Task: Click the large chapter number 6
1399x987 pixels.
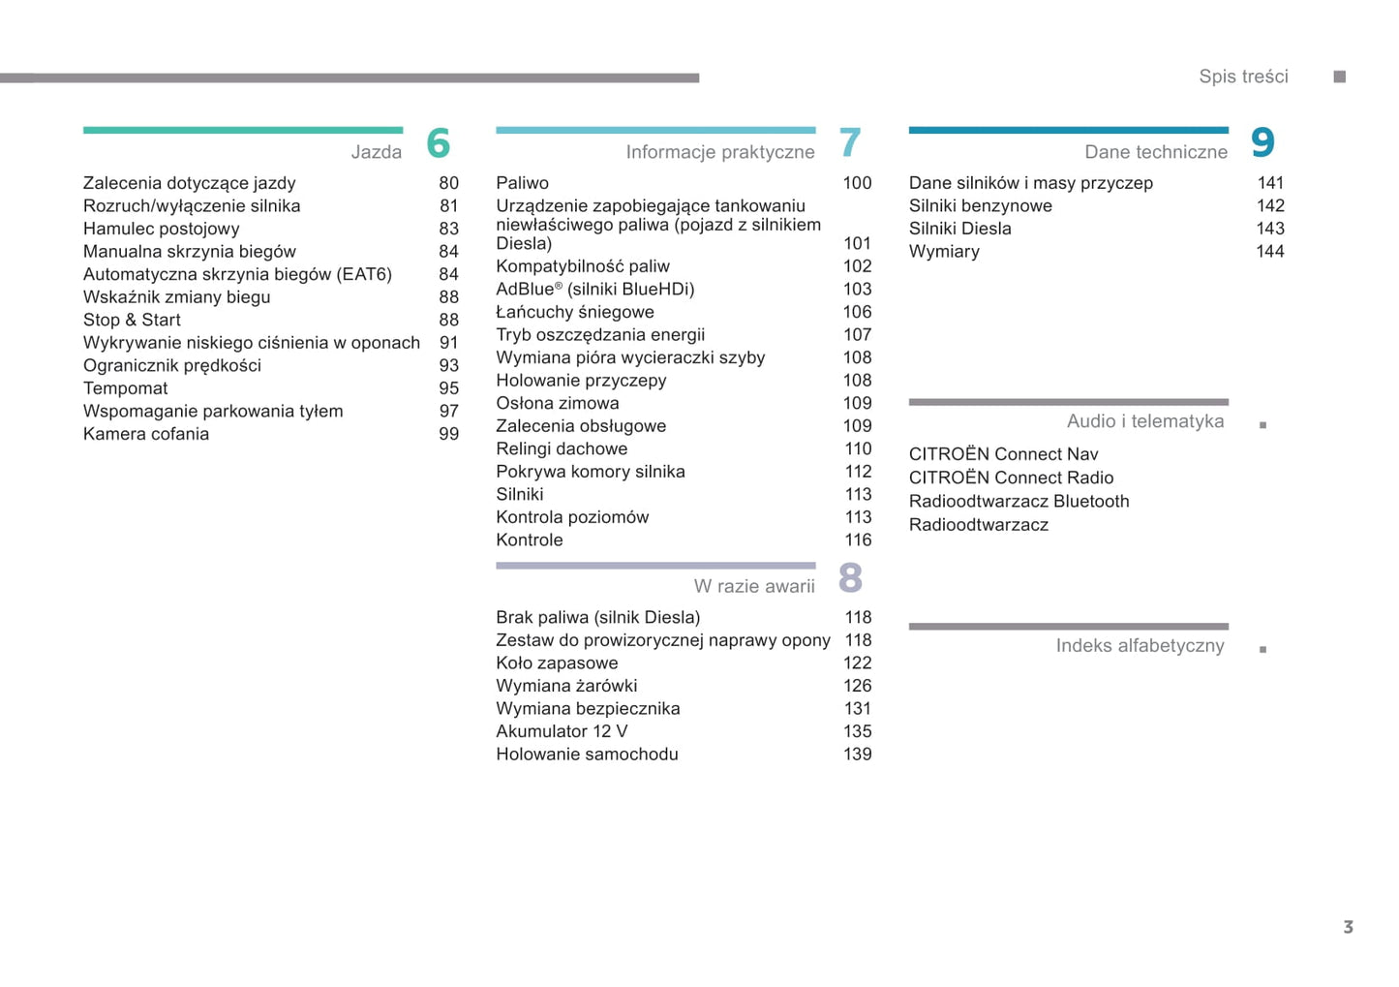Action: pyautogui.click(x=438, y=143)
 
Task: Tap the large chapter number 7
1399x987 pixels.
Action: pyautogui.click(x=850, y=143)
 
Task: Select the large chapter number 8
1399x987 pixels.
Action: pyautogui.click(x=850, y=578)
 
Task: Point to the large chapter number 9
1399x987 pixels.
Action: pyautogui.click(x=1262, y=143)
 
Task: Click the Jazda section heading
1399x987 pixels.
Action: pyautogui.click(x=376, y=152)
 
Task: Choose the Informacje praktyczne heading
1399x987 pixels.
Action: pyautogui.click(x=719, y=152)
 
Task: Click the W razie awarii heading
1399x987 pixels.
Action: pyautogui.click(x=753, y=586)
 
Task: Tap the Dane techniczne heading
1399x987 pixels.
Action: pyautogui.click(x=1155, y=152)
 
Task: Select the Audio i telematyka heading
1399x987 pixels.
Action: pyautogui.click(x=1144, y=421)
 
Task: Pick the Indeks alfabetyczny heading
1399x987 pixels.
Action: pyautogui.click(x=1140, y=646)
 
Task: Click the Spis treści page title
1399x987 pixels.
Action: pyautogui.click(x=1243, y=77)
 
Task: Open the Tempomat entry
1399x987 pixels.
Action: pyautogui.click(x=126, y=388)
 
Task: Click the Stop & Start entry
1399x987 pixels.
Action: pyautogui.click(x=132, y=320)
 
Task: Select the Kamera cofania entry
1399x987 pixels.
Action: pyautogui.click(x=146, y=434)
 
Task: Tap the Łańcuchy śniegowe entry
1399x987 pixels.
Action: pyautogui.click(x=575, y=312)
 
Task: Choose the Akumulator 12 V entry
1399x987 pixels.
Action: pyautogui.click(x=562, y=731)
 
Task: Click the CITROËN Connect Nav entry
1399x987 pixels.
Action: pyautogui.click(x=1003, y=454)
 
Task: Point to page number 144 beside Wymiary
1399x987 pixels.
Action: pyautogui.click(x=1269, y=252)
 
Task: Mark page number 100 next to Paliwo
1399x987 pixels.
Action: pyautogui.click(x=857, y=183)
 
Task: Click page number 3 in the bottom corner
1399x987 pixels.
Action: pyautogui.click(x=1348, y=927)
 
